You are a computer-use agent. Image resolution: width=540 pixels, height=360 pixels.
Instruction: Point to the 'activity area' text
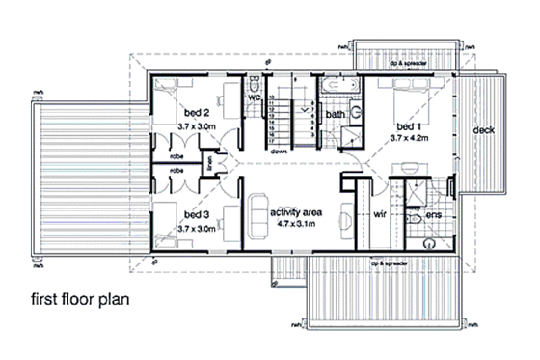(296, 212)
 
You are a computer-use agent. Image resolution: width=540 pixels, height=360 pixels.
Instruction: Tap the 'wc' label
(256, 97)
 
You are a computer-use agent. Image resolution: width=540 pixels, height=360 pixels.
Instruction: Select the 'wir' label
(380, 216)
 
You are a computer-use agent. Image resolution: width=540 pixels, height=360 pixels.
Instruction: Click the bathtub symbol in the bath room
(339, 87)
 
